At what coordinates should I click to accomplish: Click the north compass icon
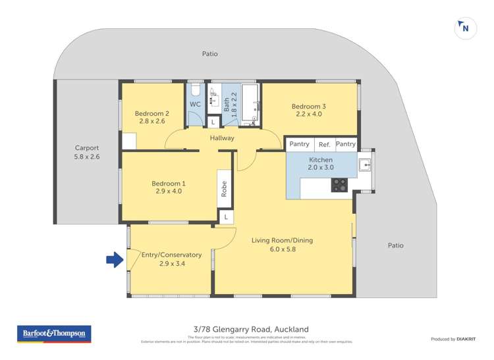466,29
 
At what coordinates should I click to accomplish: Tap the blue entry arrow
115,261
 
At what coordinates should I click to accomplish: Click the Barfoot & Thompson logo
53,334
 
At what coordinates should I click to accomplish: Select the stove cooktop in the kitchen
339,185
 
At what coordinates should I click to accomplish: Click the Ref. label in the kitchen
324,144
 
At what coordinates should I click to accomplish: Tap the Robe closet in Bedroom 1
225,189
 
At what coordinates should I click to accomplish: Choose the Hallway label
222,138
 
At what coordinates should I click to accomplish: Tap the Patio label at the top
209,54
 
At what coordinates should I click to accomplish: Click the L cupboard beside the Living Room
226,217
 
